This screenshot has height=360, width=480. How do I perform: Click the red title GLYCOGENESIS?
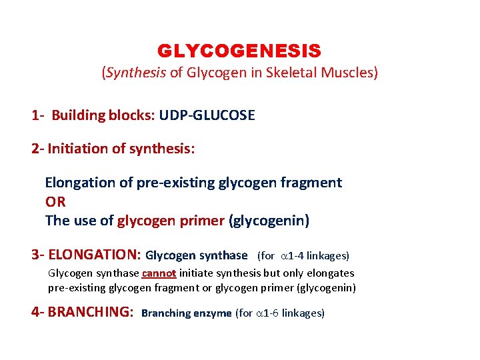click(239, 51)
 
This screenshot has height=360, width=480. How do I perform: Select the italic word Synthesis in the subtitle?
click(135, 73)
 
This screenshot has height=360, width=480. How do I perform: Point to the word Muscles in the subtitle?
click(352, 73)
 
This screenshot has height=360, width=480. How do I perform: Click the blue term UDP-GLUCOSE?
click(207, 115)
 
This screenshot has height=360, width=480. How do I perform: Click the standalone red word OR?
click(55, 201)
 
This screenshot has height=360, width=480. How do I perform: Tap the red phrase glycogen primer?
click(171, 220)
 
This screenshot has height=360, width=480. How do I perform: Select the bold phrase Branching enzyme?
click(187, 313)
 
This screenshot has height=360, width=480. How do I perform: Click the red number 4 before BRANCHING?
click(35, 312)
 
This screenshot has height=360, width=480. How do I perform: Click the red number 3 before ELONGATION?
click(35, 255)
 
